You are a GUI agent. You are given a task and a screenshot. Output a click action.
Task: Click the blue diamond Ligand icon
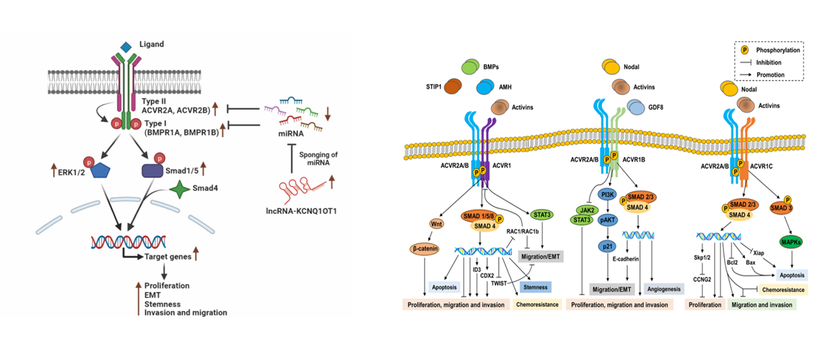click(x=125, y=46)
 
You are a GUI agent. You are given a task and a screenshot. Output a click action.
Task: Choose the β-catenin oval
click(x=426, y=248)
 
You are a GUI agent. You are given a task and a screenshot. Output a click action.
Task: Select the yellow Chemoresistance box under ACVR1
click(x=536, y=305)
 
